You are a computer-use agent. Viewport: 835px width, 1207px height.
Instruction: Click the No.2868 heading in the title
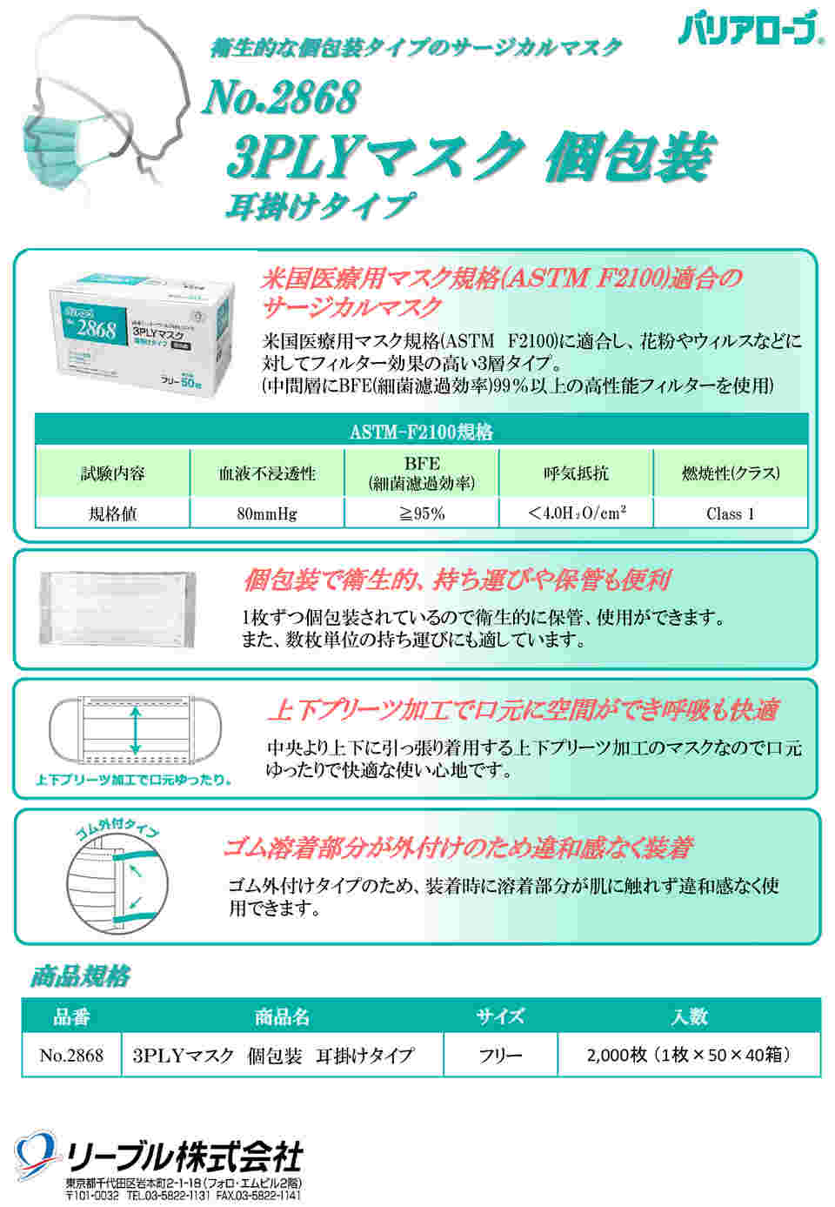tap(280, 97)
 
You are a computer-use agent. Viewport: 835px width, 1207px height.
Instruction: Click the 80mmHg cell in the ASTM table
tap(266, 513)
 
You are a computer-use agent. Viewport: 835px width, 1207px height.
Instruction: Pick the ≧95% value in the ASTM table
tap(421, 513)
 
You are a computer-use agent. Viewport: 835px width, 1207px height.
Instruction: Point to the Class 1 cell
tap(730, 513)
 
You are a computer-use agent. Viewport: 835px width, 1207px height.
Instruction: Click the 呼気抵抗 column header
tap(576, 473)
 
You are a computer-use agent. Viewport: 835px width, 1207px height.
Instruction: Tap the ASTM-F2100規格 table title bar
tap(421, 431)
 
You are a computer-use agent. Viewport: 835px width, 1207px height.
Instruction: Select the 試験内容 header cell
tap(112, 473)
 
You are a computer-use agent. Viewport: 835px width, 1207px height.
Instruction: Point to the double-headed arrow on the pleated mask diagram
tap(136, 731)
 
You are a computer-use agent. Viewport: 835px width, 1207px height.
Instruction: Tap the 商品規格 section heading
tap(80, 976)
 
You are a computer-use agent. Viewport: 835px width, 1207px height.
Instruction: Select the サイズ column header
tap(500, 1016)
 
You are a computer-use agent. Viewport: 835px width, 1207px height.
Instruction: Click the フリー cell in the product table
tap(500, 1056)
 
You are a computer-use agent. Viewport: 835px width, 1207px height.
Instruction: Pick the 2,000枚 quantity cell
tap(688, 1056)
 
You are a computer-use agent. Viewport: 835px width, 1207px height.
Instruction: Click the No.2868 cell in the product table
tap(71, 1056)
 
